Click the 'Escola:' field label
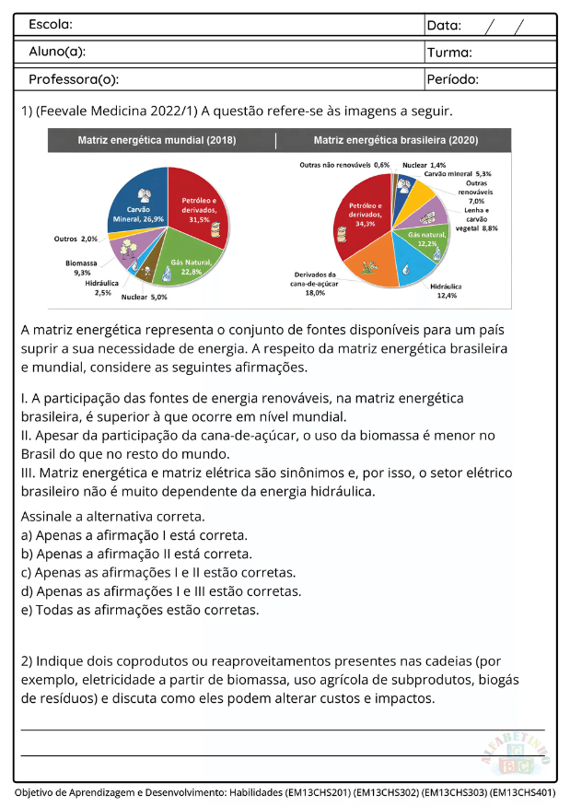[51, 24]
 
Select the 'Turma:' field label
[449, 53]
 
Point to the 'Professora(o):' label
[74, 79]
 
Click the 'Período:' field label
[453, 79]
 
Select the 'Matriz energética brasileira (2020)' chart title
[396, 141]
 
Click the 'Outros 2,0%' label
[76, 239]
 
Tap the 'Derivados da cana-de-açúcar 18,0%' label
[316, 283]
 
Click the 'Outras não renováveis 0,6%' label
[343, 165]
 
